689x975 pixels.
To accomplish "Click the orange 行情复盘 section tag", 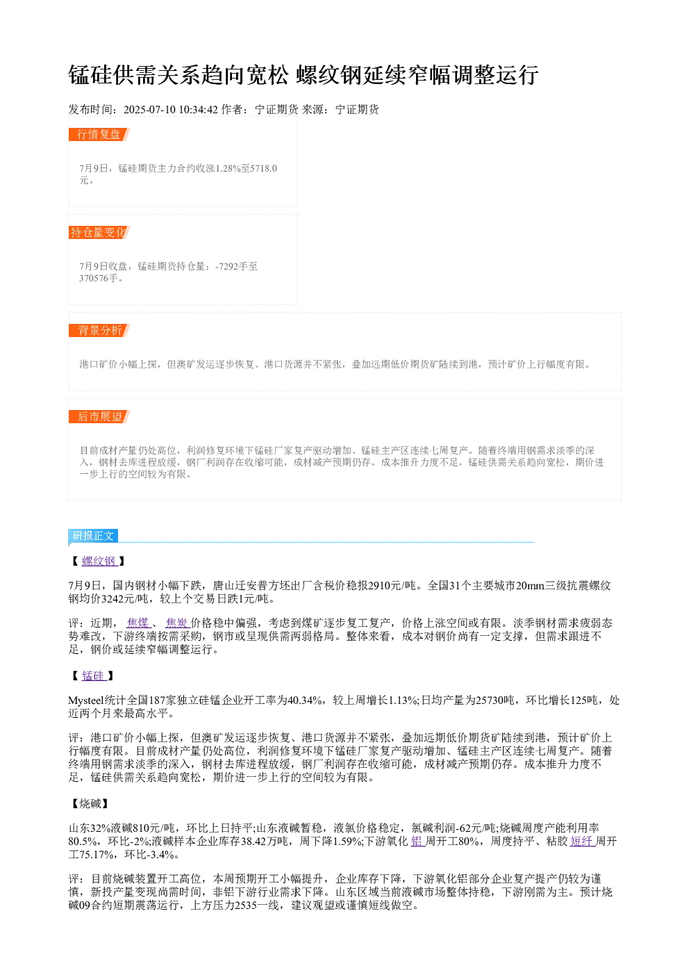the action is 99,135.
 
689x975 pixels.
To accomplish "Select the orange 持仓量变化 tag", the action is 99,232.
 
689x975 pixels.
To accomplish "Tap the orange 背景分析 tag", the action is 99,330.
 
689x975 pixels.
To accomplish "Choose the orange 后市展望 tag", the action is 99,416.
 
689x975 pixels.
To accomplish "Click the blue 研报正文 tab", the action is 93,536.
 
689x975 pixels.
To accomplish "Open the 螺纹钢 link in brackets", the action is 99,561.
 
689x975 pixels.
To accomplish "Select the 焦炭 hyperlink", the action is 178,623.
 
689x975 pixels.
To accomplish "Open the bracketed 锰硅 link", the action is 94,675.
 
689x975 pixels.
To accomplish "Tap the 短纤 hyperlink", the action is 583,842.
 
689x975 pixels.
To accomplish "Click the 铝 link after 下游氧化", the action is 417,842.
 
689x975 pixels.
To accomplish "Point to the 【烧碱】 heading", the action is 90,803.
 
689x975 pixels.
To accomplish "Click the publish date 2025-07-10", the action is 149,110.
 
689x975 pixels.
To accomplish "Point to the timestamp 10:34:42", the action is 199,110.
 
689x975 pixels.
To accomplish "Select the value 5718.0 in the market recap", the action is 264,168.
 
